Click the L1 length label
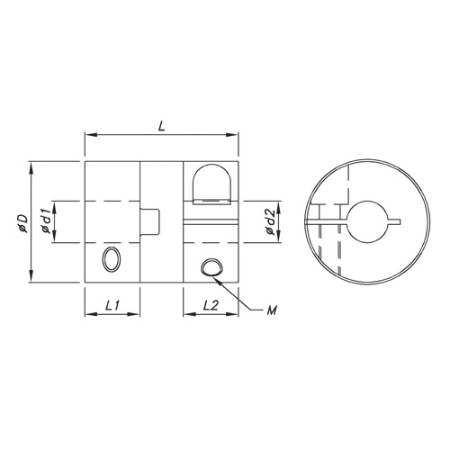112,306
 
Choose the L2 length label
211,306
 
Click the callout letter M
271,310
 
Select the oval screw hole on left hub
112,260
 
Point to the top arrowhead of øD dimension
31,166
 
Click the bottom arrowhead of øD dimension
31,278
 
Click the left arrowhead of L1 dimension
88,315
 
